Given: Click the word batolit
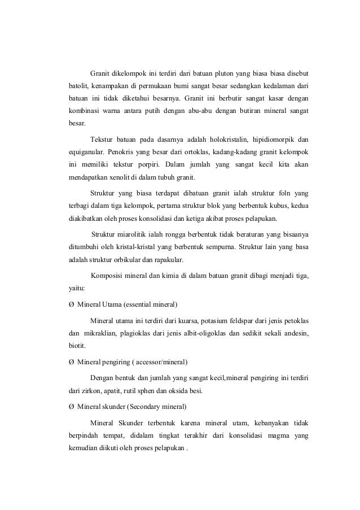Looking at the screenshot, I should pos(72,88).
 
